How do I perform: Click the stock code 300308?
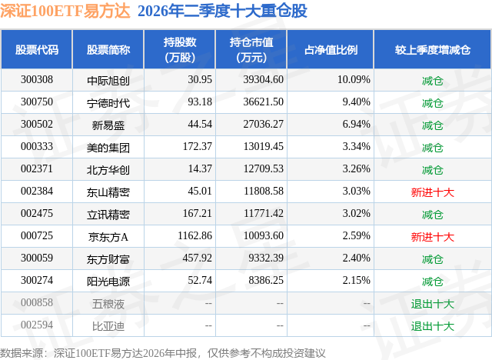point(37,80)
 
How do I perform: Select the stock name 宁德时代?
point(108,103)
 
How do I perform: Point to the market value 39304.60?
point(263,80)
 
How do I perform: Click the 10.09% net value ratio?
point(354,80)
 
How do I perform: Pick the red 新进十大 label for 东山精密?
point(432,192)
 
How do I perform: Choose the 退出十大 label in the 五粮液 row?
point(432,304)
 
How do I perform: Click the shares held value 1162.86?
point(194,235)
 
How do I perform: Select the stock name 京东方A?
point(108,237)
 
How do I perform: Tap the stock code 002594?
point(37,325)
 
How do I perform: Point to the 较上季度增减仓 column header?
point(432,49)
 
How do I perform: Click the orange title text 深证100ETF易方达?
point(65,11)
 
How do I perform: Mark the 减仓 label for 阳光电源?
point(432,282)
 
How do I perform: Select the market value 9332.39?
point(266,258)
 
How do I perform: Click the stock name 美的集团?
point(108,148)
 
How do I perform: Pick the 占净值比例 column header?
point(331,49)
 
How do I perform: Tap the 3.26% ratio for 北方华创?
point(356,169)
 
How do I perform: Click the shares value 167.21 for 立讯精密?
point(198,213)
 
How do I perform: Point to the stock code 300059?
point(37,258)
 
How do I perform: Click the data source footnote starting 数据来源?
point(162,353)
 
